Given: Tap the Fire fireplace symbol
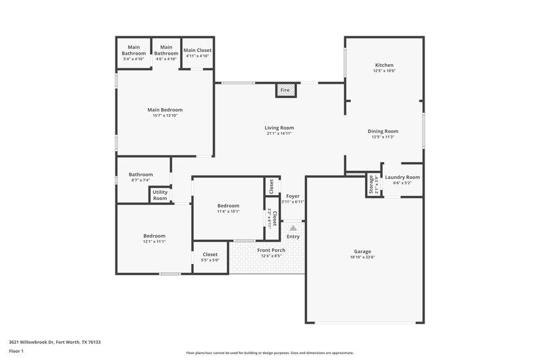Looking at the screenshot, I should (x=286, y=90).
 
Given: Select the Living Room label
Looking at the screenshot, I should (x=279, y=128).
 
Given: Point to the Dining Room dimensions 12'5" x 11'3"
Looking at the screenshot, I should (x=383, y=137).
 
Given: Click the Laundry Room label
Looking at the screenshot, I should (x=402, y=177).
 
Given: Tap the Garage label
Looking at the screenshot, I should (x=362, y=251).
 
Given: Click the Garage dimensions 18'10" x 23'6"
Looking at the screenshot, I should (x=362, y=257).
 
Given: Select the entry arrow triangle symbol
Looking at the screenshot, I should (x=293, y=229).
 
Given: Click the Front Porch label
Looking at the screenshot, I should (x=271, y=250).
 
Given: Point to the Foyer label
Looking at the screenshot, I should (x=292, y=196).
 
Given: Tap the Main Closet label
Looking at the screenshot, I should (x=198, y=51).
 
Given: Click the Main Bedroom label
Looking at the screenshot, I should (x=165, y=109).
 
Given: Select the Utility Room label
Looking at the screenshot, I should (x=160, y=195).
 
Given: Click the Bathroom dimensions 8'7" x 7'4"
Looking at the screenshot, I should (x=141, y=180).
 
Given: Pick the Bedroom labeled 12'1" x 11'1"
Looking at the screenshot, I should (x=154, y=236).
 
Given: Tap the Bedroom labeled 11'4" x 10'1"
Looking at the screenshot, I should (x=228, y=205).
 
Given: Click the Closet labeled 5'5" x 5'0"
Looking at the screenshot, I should (x=211, y=255).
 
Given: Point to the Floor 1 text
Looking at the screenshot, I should (x=16, y=352).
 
